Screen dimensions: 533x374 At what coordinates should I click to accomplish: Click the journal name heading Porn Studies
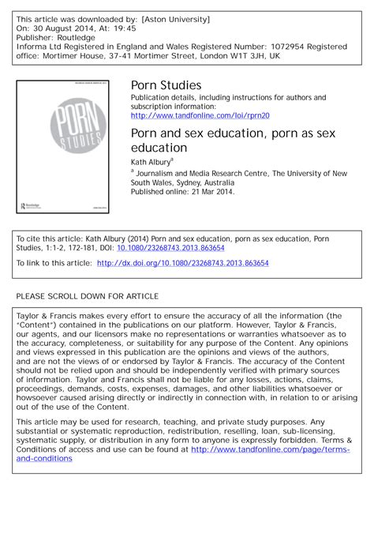[x=166, y=85]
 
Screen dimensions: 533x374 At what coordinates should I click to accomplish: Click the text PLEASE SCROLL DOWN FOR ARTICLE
[x=88, y=296]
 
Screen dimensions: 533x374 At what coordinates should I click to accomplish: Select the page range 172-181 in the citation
[x=88, y=247]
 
